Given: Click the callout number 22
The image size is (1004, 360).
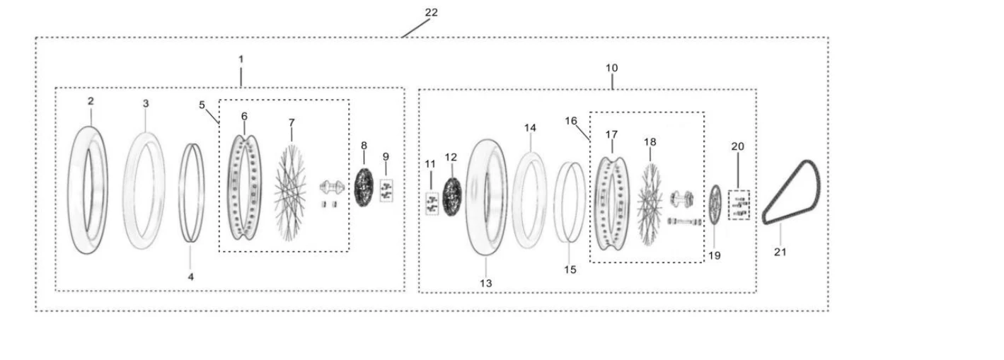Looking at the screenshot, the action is click(431, 13).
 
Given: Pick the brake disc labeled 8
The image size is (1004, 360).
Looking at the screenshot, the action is click(364, 187).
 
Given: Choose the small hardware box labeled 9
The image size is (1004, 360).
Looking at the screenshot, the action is click(386, 190).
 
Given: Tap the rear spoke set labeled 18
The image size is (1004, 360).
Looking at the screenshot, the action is click(650, 204).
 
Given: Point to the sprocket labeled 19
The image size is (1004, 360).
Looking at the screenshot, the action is click(715, 204).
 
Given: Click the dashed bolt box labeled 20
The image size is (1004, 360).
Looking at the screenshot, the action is click(739, 205).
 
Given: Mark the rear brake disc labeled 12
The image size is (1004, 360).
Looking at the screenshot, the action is click(452, 197).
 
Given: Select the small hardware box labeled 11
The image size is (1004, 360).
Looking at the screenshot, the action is click(432, 204).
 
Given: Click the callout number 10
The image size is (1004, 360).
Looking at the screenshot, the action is click(612, 68).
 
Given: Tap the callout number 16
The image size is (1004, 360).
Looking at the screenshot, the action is click(570, 121).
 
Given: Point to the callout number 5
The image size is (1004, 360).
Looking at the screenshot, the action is click(202, 105).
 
